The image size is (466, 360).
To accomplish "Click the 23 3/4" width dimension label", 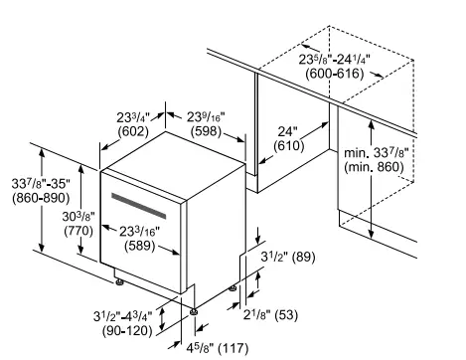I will pos(123,114).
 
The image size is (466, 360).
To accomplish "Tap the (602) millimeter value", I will pos(123,130).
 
